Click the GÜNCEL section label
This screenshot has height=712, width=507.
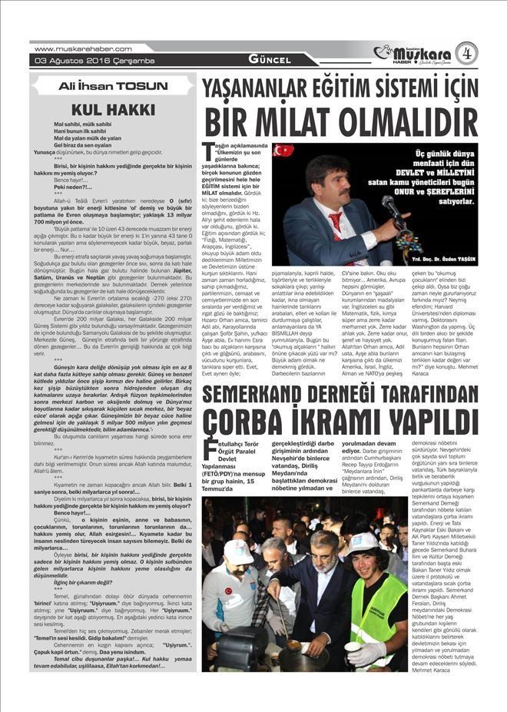point(270,60)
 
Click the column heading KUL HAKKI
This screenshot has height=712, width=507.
point(114,109)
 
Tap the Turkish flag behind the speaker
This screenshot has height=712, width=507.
point(283,150)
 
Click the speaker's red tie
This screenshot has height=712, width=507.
point(335,224)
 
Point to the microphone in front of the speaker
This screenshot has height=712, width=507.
point(392,206)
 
